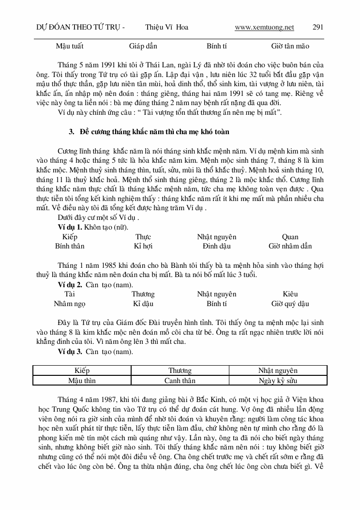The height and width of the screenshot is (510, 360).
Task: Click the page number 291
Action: [318, 27]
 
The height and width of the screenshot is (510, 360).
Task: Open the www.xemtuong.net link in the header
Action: [264, 27]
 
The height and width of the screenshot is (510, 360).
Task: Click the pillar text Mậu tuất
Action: [70, 46]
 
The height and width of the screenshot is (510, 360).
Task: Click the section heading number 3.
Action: [71, 132]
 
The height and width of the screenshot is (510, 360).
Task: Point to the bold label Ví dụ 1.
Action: [70, 228]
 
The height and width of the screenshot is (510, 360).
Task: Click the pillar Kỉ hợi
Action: [143, 246]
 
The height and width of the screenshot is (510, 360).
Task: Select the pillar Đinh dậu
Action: [217, 246]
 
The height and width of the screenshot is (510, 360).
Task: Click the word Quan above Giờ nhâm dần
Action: [290, 237]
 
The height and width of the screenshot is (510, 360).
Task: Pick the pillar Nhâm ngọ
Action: [70, 304]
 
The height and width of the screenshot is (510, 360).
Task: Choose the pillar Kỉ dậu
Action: [143, 304]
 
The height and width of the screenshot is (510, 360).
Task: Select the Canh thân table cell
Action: [180, 381]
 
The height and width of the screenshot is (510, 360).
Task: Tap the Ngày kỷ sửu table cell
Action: [278, 381]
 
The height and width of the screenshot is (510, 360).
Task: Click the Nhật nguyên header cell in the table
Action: [278, 371]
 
